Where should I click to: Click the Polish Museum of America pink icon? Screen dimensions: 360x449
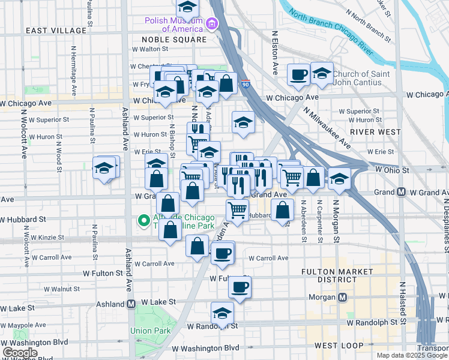(211, 23)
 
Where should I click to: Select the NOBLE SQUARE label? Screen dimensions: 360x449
(174, 40)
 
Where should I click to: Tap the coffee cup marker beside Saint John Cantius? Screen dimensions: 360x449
(298, 75)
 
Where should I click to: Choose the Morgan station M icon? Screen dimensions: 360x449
(343, 297)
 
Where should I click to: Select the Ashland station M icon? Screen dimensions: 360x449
(131, 304)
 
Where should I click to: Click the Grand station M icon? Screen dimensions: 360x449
(402, 192)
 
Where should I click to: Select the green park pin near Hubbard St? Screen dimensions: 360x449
(143, 221)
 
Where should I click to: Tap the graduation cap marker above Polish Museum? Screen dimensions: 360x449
(187, 8)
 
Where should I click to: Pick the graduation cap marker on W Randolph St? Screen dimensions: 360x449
(222, 313)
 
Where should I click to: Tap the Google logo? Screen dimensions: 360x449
(20, 353)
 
